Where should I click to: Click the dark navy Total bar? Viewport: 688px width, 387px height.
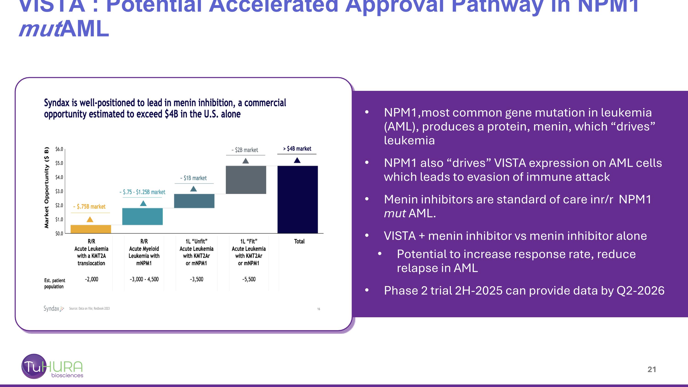point(297,200)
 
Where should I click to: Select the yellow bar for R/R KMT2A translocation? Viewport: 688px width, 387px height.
point(91,229)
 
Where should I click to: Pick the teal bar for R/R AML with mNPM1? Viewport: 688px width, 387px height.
point(142,217)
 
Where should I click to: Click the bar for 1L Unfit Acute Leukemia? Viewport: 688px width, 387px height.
point(194,201)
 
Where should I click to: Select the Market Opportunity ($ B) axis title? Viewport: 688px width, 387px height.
point(47,187)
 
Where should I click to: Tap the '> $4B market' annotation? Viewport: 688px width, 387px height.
point(297,149)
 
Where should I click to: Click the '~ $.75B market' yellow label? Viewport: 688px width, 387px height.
point(90,206)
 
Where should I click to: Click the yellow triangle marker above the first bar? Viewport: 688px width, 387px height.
point(90,220)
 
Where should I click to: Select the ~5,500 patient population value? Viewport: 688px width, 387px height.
point(249,279)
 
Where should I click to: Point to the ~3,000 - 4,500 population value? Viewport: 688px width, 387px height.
point(144,279)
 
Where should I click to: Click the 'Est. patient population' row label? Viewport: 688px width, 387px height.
point(55,283)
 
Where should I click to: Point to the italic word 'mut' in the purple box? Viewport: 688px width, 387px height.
point(395,213)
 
